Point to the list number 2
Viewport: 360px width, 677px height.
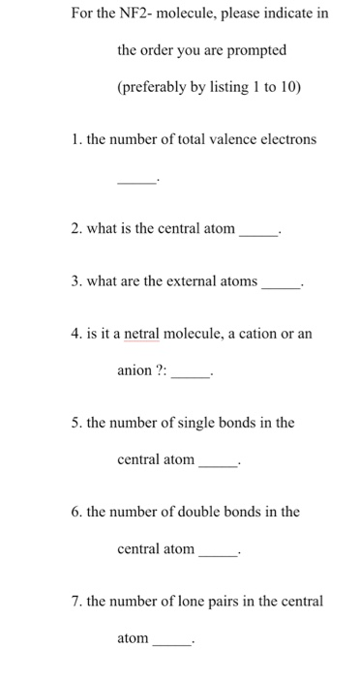click(x=75, y=229)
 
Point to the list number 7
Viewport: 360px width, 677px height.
click(x=75, y=601)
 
